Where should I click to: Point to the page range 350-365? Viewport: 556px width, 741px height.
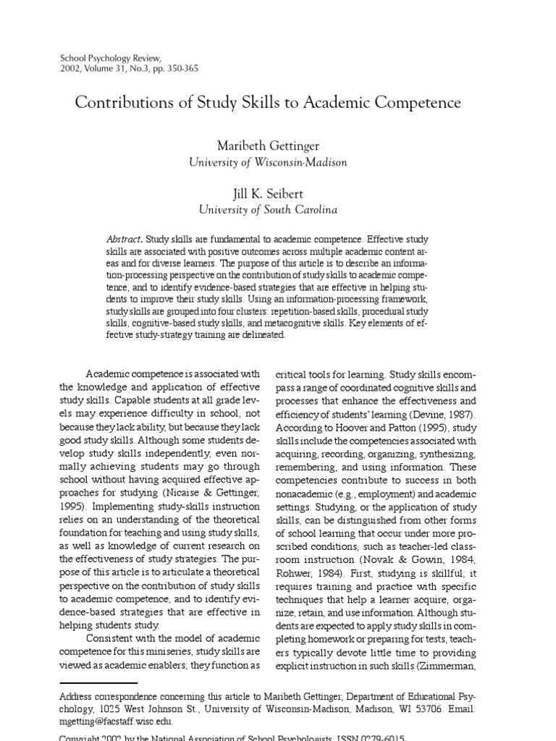(x=180, y=69)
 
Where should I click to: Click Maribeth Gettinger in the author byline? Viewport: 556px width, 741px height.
(x=268, y=147)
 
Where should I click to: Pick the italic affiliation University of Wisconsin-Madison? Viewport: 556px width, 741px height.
(x=268, y=163)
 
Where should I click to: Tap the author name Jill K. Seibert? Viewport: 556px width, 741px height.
(x=268, y=194)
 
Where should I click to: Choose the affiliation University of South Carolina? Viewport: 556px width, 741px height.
(x=268, y=210)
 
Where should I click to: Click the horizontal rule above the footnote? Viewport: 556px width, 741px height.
(x=98, y=682)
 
